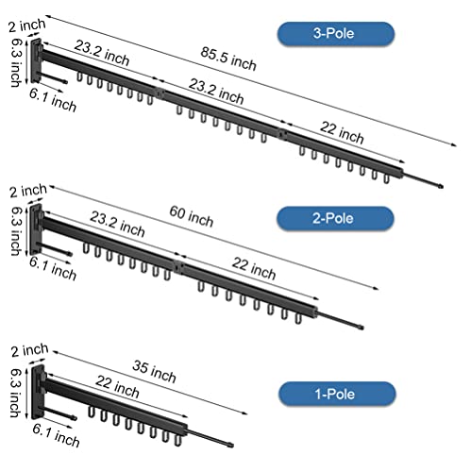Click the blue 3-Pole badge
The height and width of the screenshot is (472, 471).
(336, 34)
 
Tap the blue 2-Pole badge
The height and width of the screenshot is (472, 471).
(335, 218)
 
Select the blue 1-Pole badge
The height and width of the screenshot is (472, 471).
(337, 394)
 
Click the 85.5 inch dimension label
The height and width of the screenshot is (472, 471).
(228, 59)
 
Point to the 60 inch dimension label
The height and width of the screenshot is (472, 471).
(192, 216)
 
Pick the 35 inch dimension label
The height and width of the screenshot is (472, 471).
(154, 372)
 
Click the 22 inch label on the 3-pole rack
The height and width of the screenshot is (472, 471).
(342, 132)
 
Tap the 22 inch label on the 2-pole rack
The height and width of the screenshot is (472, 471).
(254, 269)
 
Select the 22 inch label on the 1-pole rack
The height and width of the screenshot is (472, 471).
(117, 387)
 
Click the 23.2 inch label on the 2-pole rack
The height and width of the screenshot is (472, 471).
(117, 225)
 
